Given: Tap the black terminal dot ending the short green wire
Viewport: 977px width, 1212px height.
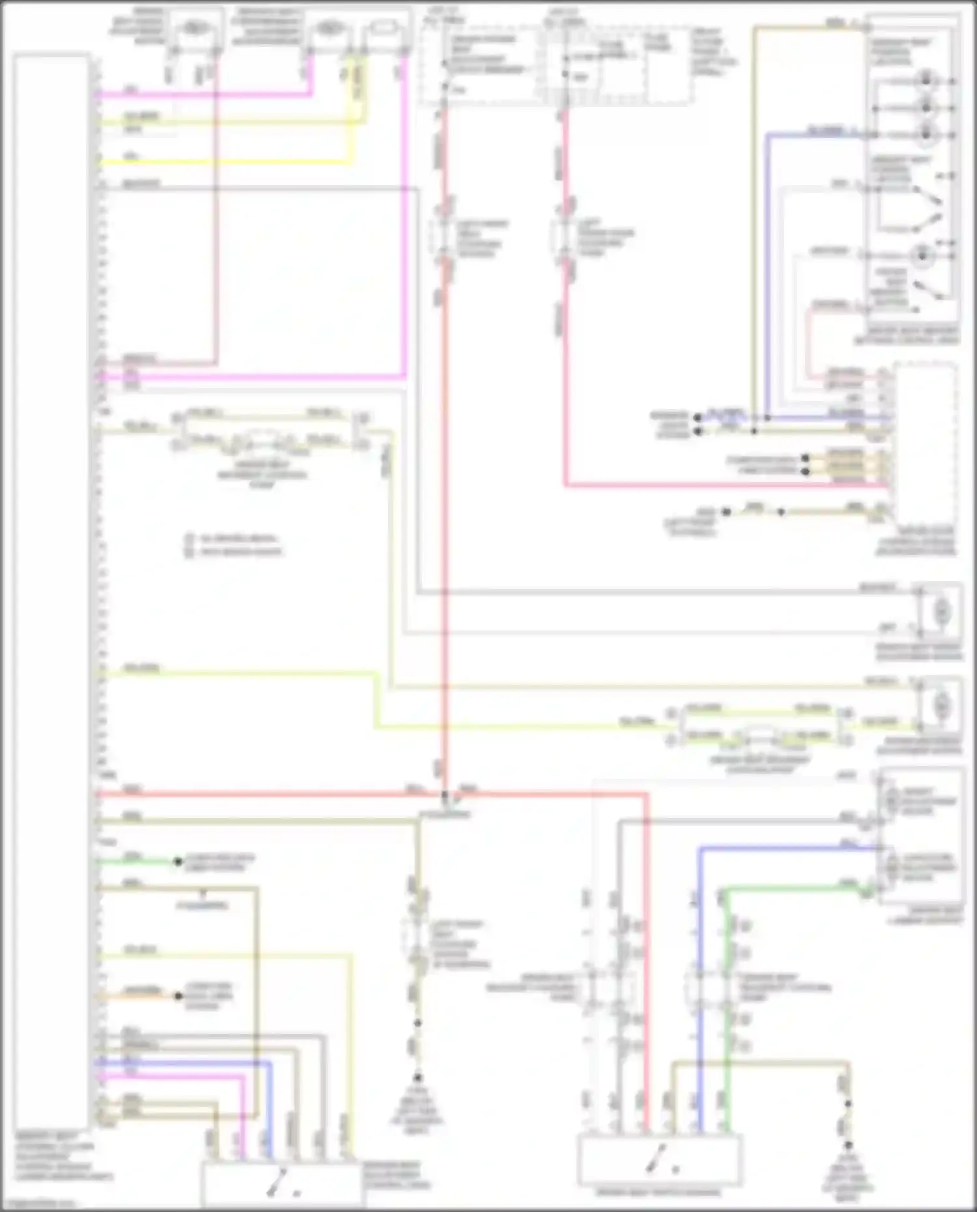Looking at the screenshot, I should tap(177, 862).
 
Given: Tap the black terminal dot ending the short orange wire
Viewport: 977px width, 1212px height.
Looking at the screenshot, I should tap(178, 996).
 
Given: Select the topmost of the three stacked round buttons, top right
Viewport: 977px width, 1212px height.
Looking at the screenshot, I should tap(925, 81).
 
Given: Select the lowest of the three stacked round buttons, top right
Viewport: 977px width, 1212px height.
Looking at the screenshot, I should tap(925, 135).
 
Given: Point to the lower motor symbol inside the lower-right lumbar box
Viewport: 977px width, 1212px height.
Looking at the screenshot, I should tap(892, 866).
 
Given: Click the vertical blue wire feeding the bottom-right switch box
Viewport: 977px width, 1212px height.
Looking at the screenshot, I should tap(701, 977).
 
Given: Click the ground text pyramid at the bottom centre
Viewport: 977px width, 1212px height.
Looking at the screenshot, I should tap(417, 1107).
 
